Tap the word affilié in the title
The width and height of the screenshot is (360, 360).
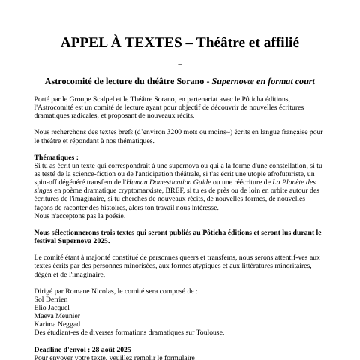(274, 43)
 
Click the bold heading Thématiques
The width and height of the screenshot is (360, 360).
(56, 157)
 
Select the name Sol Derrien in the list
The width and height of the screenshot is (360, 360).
(51, 298)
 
